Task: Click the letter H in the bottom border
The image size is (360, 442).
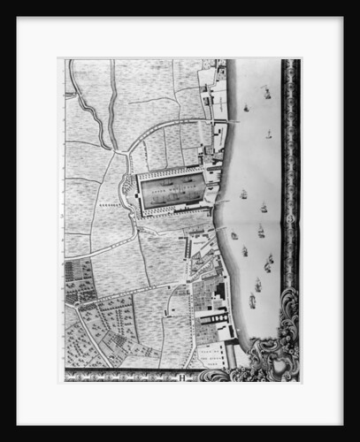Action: pos(179,377)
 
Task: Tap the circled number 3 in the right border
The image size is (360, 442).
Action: pos(290,215)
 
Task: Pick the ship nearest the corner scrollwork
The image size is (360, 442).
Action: pos(252,301)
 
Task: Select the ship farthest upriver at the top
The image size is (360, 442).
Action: pos(264,91)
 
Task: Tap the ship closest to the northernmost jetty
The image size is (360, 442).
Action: pos(246,108)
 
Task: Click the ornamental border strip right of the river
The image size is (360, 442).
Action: pos(290,177)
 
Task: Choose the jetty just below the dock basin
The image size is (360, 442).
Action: pos(212,232)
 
